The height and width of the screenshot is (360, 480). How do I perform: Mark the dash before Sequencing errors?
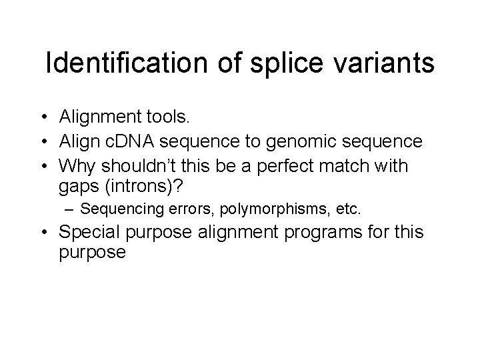69,209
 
